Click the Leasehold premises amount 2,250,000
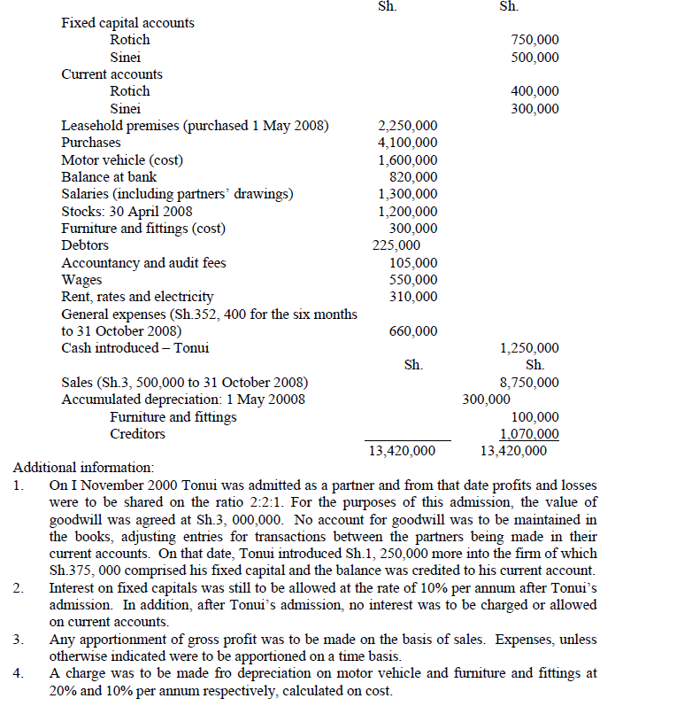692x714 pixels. pyautogui.click(x=407, y=126)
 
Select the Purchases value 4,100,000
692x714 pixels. pyautogui.click(x=407, y=143)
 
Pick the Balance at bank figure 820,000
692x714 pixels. pyautogui.click(x=413, y=177)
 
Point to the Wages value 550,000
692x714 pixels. pyautogui.click(x=413, y=280)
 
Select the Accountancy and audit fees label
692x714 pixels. pyautogui.click(x=143, y=262)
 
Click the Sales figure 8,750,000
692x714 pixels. pyautogui.click(x=529, y=383)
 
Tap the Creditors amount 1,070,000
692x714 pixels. pyautogui.click(x=529, y=434)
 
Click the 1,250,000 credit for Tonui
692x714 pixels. pyautogui.click(x=529, y=348)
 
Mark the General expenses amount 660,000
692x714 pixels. pyautogui.click(x=413, y=331)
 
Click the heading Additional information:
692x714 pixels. pyautogui.click(x=83, y=468)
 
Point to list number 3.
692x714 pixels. pyautogui.click(x=18, y=640)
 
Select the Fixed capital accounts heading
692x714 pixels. pyautogui.click(x=128, y=22)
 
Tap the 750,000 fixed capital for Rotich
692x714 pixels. pyautogui.click(x=535, y=40)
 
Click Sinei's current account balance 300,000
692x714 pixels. pyautogui.click(x=535, y=109)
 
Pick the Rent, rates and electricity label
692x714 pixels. pyautogui.click(x=137, y=297)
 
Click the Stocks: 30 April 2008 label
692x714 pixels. pyautogui.click(x=127, y=211)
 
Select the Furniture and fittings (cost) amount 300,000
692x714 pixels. pyautogui.click(x=413, y=229)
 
